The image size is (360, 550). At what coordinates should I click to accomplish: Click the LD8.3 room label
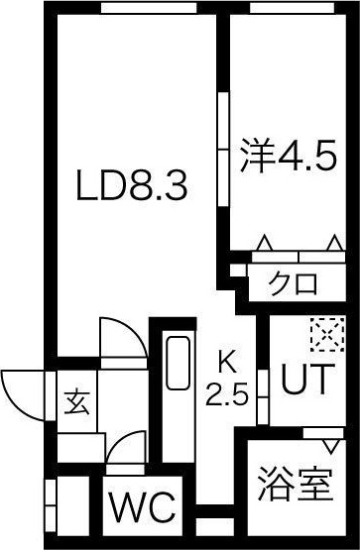[x=132, y=185]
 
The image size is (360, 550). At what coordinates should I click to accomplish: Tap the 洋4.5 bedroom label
[x=291, y=156]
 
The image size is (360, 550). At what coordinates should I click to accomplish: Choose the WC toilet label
[x=141, y=507]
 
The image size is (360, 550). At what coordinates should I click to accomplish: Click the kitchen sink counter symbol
[x=178, y=378]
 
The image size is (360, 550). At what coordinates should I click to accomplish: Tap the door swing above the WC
[x=125, y=451]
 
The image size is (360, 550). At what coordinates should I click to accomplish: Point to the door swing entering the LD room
[x=120, y=339]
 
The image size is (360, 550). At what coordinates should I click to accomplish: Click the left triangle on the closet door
[x=264, y=243]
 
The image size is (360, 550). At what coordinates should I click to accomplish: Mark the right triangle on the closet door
[x=332, y=243]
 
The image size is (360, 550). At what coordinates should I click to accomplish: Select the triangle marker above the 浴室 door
[x=322, y=433]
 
